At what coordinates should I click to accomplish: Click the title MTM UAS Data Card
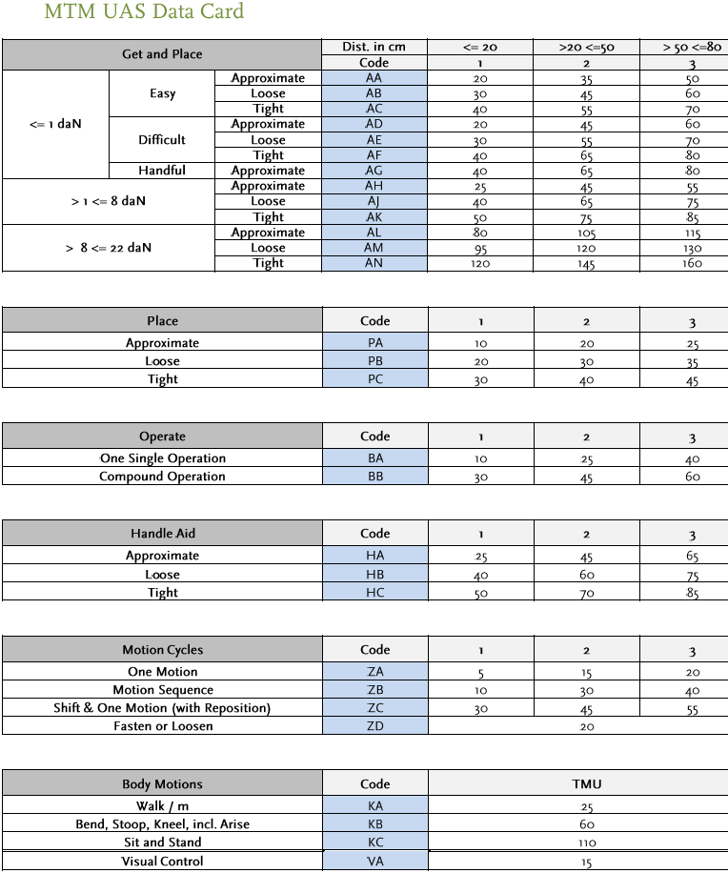point(144,12)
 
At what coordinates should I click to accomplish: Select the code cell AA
point(374,78)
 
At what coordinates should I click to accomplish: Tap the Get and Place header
point(162,54)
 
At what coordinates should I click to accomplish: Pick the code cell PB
point(374,361)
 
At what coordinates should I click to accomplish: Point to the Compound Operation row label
point(162,477)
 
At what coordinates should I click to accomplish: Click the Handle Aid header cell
point(162,534)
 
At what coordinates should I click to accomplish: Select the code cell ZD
point(374,726)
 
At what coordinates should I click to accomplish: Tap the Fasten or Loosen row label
point(163,726)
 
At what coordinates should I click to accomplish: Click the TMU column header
point(586,784)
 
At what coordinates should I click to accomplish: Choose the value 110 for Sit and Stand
point(586,843)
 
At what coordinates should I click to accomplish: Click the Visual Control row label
point(162,862)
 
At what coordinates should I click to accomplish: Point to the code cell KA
point(374,805)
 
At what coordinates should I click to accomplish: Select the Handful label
point(162,171)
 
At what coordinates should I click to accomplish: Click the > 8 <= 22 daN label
point(108,248)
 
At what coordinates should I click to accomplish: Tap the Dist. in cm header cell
point(374,47)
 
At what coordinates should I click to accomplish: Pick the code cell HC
point(374,593)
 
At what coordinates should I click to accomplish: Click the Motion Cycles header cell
point(162,650)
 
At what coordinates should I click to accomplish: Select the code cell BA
point(374,458)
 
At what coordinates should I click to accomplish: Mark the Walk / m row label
point(162,805)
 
